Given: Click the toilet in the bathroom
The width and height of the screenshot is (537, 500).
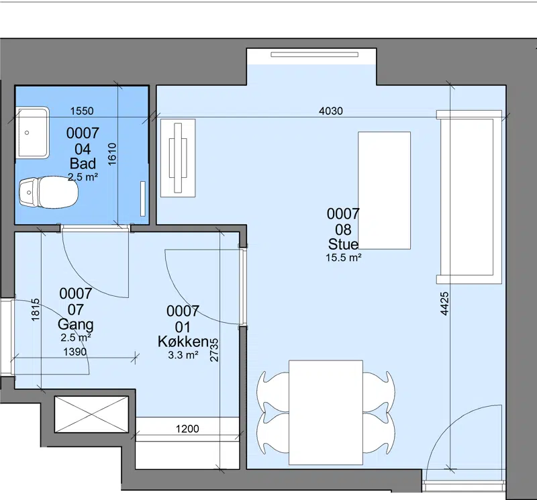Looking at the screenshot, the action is click(x=48, y=193).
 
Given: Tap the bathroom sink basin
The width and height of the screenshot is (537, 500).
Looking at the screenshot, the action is click(x=32, y=132).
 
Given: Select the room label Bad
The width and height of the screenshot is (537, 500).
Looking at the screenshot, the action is click(x=83, y=164).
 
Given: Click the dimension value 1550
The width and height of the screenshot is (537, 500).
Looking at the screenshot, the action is click(x=82, y=111).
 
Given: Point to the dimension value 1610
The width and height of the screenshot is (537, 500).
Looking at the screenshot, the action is click(x=112, y=154).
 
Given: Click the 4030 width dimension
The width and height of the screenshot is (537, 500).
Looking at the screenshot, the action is click(x=330, y=111).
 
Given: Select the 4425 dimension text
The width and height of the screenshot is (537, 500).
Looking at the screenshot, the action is click(x=444, y=304).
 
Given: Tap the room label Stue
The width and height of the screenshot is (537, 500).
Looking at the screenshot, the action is click(x=343, y=244).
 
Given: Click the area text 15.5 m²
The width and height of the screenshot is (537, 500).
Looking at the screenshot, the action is click(x=344, y=258).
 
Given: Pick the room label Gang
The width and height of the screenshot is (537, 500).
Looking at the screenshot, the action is click(x=76, y=324).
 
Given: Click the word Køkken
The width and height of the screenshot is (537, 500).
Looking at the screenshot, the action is click(x=183, y=342).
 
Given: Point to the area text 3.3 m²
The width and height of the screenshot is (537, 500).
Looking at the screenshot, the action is click(x=183, y=355).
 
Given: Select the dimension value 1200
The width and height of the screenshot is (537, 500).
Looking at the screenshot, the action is click(x=187, y=429).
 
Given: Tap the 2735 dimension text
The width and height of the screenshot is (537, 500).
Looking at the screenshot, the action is click(x=214, y=350).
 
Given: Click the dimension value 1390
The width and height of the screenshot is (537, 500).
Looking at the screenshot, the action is click(x=75, y=352).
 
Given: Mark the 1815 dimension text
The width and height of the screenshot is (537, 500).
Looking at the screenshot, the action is click(x=36, y=310).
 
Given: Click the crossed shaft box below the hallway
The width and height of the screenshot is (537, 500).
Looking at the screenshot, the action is click(x=91, y=414).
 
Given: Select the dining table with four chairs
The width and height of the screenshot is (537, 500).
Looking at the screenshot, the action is click(x=326, y=412).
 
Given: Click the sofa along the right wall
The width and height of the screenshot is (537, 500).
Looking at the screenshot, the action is click(x=469, y=197).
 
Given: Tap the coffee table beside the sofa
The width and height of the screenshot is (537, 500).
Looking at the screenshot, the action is click(x=384, y=191).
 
